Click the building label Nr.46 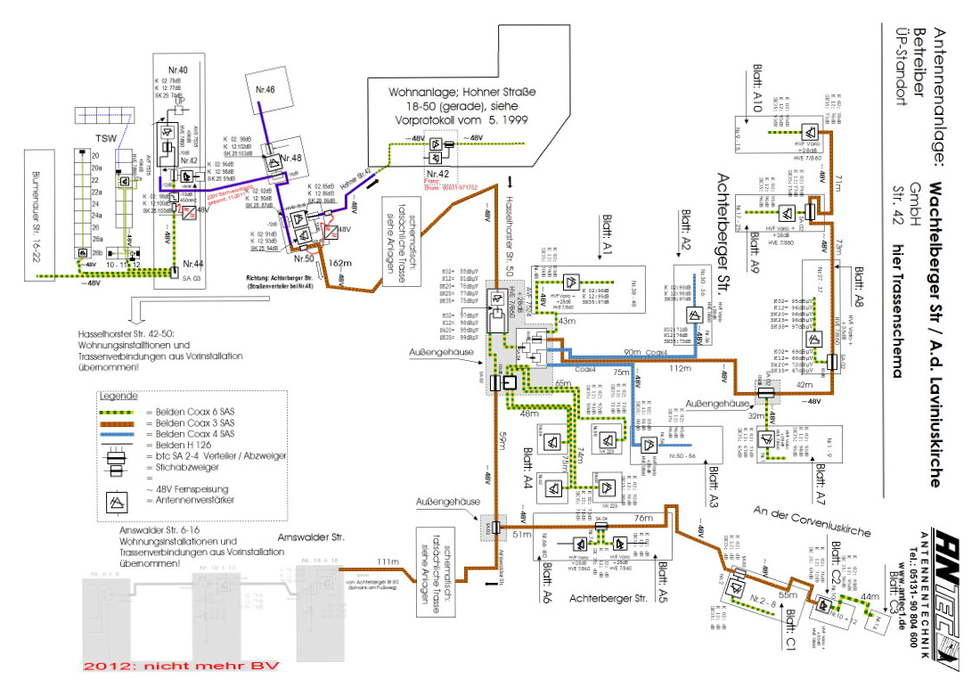(x=266, y=90)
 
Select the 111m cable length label (x=386, y=561)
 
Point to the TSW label (x=107, y=138)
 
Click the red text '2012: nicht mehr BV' (x=180, y=665)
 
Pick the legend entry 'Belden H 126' (x=163, y=445)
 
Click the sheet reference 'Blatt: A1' (x=609, y=240)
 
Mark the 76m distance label (x=643, y=517)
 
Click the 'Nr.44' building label (x=192, y=264)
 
